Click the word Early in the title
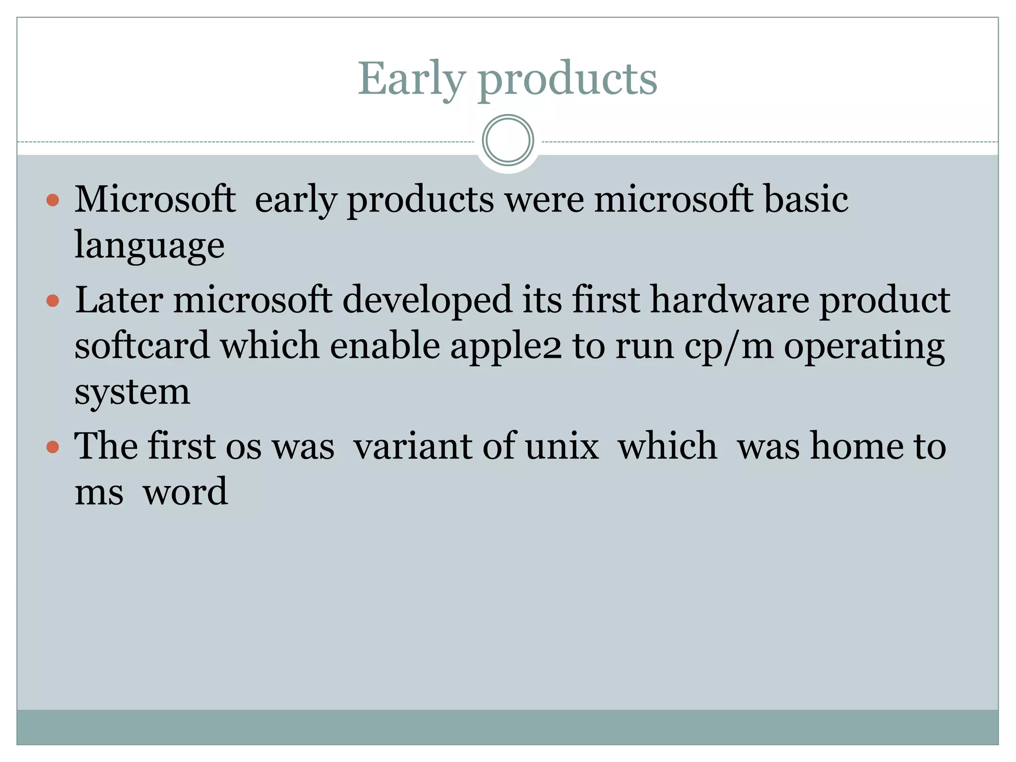click(412, 79)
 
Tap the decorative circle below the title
click(508, 140)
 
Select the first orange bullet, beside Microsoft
click(53, 200)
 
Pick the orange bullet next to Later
click(53, 301)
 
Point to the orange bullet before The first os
click(53, 447)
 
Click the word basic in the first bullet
click(806, 199)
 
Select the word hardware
click(730, 300)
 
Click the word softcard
click(142, 346)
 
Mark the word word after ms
click(185, 492)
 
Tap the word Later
click(119, 300)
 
